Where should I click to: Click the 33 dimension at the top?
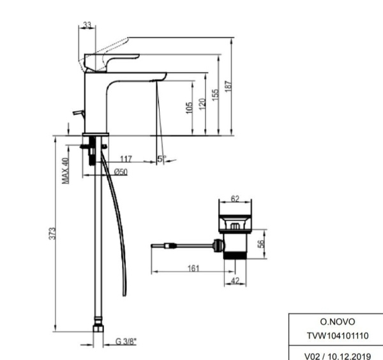pyautogui.click(x=87, y=26)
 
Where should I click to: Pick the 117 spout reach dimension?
pyautogui.click(x=126, y=158)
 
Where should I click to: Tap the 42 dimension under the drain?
pyautogui.click(x=235, y=279)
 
